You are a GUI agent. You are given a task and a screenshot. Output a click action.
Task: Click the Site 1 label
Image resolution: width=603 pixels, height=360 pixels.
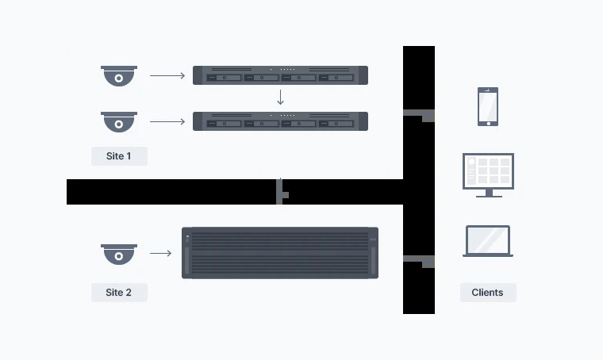click(119, 156)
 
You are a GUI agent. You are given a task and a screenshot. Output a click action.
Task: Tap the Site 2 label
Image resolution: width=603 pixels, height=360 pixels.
click(119, 293)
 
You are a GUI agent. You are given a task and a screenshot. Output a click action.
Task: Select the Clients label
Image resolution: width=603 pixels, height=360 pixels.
click(487, 293)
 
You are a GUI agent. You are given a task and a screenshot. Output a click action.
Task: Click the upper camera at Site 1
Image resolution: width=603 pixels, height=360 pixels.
click(119, 76)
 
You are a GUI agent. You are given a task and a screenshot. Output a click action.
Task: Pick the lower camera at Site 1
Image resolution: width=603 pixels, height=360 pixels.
click(119, 122)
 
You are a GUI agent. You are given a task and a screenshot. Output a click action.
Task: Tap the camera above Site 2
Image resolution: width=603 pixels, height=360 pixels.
click(119, 254)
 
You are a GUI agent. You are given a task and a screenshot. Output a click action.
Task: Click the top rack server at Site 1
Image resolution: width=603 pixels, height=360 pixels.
click(280, 75)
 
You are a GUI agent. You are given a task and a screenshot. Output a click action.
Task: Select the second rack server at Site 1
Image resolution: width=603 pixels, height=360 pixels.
click(280, 121)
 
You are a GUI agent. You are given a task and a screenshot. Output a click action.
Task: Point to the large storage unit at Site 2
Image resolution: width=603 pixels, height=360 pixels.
click(280, 253)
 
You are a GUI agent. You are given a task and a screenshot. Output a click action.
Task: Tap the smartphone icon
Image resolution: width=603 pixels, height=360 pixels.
click(488, 106)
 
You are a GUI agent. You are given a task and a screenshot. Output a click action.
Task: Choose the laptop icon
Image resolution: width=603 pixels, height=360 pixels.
click(488, 241)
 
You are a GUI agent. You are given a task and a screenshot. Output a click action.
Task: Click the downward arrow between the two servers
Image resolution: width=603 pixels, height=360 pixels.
click(280, 98)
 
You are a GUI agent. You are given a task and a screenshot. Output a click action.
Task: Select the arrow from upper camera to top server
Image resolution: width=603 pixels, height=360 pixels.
click(167, 76)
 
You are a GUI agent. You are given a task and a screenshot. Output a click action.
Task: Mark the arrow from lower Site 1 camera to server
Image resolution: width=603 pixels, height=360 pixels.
click(167, 122)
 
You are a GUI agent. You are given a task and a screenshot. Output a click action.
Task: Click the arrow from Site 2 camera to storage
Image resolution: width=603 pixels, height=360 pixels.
click(161, 254)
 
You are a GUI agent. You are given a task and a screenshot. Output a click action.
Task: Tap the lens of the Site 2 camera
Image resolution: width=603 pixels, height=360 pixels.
click(119, 257)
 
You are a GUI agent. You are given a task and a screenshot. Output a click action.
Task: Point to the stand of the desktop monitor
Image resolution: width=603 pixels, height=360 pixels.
click(488, 193)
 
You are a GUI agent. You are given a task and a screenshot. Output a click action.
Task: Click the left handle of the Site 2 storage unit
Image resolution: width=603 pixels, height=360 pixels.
click(188, 260)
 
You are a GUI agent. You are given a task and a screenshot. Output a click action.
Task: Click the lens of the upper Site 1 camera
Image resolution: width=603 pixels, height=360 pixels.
click(119, 79)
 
